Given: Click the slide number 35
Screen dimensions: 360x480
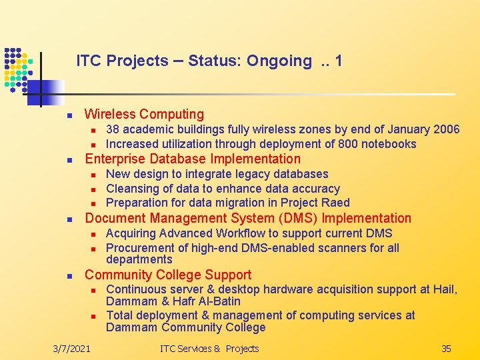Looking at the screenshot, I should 446,349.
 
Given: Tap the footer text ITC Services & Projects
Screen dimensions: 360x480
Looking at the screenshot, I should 209,349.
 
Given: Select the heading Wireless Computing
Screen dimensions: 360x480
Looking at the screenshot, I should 144,115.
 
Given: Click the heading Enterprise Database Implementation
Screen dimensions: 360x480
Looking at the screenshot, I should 193,159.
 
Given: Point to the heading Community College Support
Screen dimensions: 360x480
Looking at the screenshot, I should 168,275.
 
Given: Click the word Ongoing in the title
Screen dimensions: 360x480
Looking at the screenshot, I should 279,61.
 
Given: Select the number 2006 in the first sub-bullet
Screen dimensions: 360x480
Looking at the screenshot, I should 446,129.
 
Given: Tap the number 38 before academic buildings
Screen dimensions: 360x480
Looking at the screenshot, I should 113,129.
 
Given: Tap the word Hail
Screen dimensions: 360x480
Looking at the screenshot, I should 443,289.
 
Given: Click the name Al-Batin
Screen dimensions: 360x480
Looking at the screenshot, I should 218,301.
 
